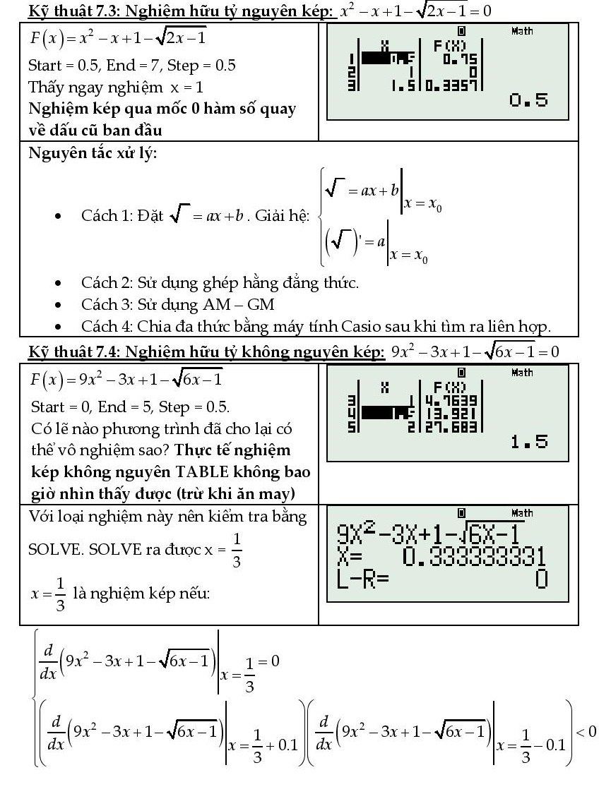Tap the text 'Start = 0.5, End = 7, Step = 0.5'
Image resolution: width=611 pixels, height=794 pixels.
coord(132,66)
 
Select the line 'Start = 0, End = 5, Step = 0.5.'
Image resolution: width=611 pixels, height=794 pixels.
coord(130,407)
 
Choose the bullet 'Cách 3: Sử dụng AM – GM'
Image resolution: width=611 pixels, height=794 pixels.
coord(177,305)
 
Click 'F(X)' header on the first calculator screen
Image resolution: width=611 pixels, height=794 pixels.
coord(447,46)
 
